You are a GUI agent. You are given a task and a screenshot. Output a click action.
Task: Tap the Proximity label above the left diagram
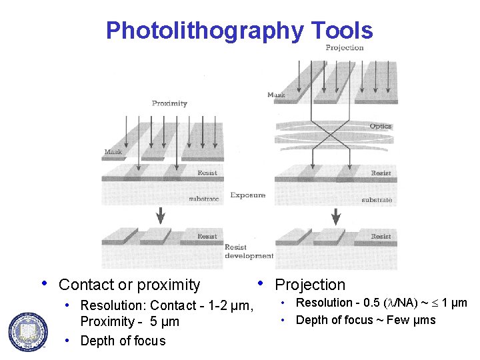169,103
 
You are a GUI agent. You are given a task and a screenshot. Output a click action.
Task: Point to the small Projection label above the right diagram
344,47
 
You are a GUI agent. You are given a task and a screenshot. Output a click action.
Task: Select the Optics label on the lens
380,126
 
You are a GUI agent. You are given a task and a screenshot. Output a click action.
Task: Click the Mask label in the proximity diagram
113,152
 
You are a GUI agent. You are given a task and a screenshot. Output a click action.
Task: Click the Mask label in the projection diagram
276,95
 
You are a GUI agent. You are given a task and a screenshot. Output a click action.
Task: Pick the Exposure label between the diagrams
247,195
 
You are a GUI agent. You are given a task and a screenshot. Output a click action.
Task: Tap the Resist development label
249,251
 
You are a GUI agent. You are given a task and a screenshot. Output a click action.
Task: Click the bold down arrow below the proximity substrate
160,215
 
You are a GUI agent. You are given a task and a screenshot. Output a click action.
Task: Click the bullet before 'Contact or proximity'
45,283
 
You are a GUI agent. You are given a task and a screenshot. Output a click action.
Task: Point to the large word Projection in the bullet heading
310,285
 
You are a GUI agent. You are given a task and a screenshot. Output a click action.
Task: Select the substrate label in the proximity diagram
203,199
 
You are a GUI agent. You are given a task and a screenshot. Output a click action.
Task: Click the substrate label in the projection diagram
377,199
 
